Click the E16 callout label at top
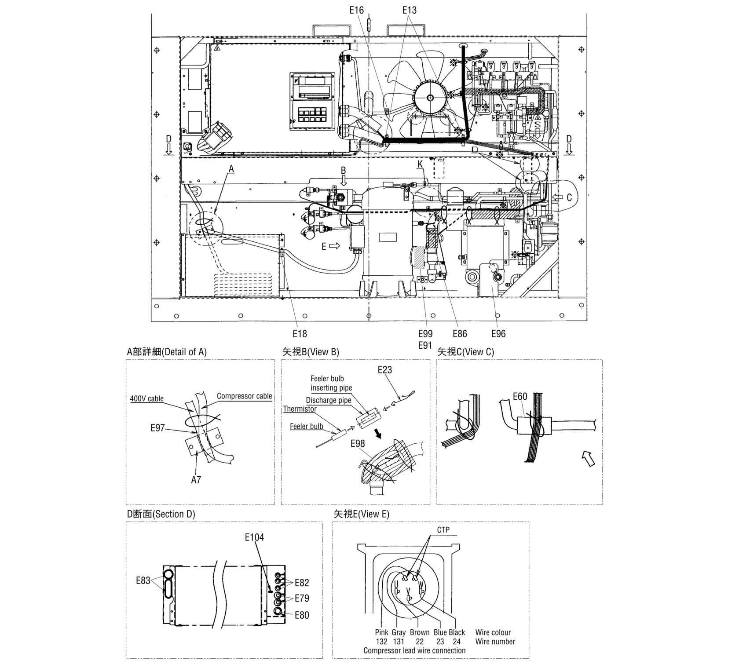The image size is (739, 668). (x=356, y=10)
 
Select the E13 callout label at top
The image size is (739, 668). (x=410, y=10)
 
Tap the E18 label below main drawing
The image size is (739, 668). (x=300, y=334)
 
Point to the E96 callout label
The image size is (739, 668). (x=498, y=334)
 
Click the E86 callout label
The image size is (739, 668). (x=460, y=334)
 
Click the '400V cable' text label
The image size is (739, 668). (x=147, y=399)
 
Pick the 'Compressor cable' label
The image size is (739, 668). (x=244, y=396)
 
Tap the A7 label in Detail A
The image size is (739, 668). (x=196, y=480)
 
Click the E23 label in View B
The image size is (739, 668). (x=384, y=370)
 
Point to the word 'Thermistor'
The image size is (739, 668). (x=300, y=409)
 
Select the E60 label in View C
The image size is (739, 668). (x=520, y=396)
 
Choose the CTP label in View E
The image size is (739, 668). (x=443, y=530)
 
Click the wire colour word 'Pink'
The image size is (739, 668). (x=382, y=632)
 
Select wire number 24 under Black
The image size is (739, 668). (x=457, y=642)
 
